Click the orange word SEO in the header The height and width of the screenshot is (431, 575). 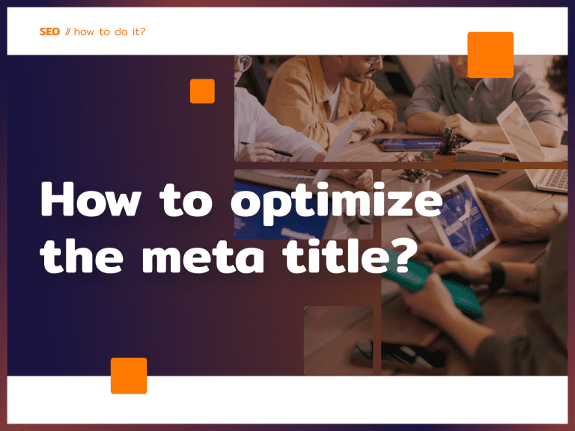coord(49,32)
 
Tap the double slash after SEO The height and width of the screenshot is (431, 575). coord(67,32)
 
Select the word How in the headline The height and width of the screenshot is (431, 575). coord(82,201)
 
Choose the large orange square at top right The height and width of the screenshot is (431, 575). coord(490,55)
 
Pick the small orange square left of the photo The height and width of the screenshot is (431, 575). coord(202,91)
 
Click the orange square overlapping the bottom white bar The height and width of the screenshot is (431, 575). coord(129,376)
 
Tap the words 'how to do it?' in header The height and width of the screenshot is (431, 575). coord(109,32)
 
